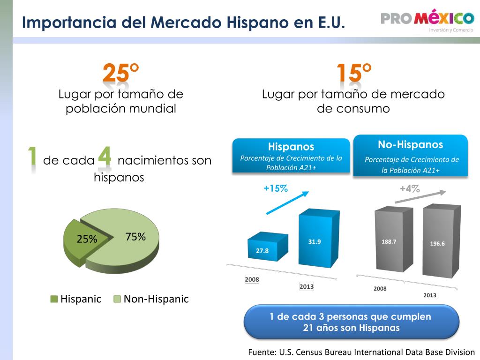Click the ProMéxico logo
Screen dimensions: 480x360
tap(427, 20)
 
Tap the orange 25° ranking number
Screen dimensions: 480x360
tap(120, 73)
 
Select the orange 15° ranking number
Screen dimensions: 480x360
tap(354, 73)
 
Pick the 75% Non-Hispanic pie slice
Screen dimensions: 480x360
tap(126, 239)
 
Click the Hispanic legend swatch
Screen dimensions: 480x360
tap(54, 299)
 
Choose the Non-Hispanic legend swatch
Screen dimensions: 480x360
tap(117, 299)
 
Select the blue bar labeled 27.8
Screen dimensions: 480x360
tap(268, 247)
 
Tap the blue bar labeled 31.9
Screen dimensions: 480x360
tap(319, 238)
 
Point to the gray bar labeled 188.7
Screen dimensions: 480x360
tap(394, 239)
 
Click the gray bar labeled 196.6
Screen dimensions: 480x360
tap(442, 240)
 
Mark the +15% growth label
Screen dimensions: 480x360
tap(276, 188)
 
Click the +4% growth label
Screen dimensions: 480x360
tap(410, 188)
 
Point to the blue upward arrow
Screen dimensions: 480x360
tap(287, 202)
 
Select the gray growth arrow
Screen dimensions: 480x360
tap(420, 197)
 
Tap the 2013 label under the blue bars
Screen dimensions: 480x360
tap(307, 286)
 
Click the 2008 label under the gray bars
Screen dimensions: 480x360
tap(380, 288)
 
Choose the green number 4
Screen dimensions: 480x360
tap(105, 156)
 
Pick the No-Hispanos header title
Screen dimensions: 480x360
tap(411, 144)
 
